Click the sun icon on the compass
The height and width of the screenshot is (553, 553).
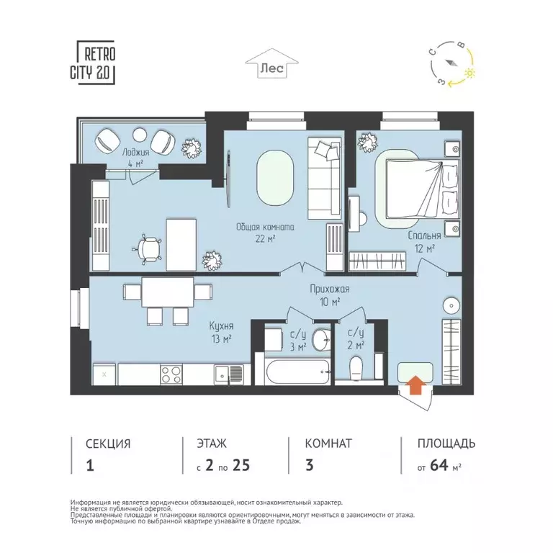470,73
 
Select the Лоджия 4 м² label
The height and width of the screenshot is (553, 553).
135,158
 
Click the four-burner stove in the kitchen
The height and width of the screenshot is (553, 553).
171,374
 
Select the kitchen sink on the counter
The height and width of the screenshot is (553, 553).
229,372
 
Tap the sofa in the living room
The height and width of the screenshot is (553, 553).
325,179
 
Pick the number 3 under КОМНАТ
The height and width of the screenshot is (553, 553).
310,465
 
